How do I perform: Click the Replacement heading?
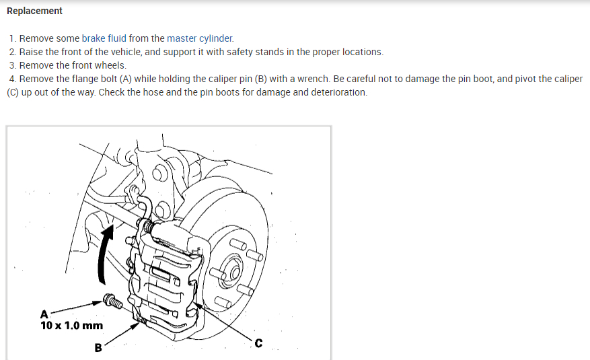(34, 11)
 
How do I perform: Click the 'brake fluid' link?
(104, 38)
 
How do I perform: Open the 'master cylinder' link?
(200, 38)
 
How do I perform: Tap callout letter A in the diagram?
(44, 314)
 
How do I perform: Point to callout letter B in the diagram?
(98, 348)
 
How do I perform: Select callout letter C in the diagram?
(258, 345)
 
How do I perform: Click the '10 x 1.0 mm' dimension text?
(72, 326)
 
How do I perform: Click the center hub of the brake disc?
(235, 272)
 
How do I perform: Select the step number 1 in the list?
(13, 38)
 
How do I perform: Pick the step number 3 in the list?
(13, 65)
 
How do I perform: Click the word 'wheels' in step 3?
(110, 65)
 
